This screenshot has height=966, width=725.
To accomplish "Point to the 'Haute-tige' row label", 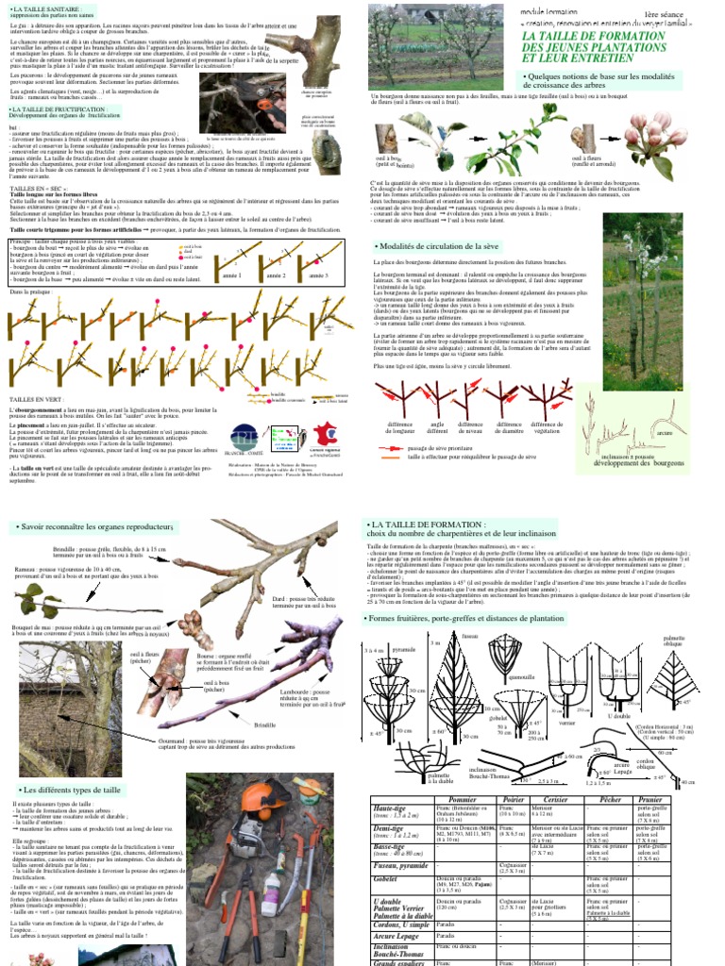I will pyautogui.click(x=389, y=808).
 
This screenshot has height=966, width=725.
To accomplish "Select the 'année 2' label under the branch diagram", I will pyautogui.click(x=276, y=275).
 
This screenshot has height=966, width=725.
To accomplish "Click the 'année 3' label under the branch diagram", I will pyautogui.click(x=319, y=275).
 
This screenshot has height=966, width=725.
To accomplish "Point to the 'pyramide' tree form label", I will pyautogui.click(x=404, y=651).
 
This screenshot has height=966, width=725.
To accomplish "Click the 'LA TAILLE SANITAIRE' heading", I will pyautogui.click(x=44, y=7).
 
